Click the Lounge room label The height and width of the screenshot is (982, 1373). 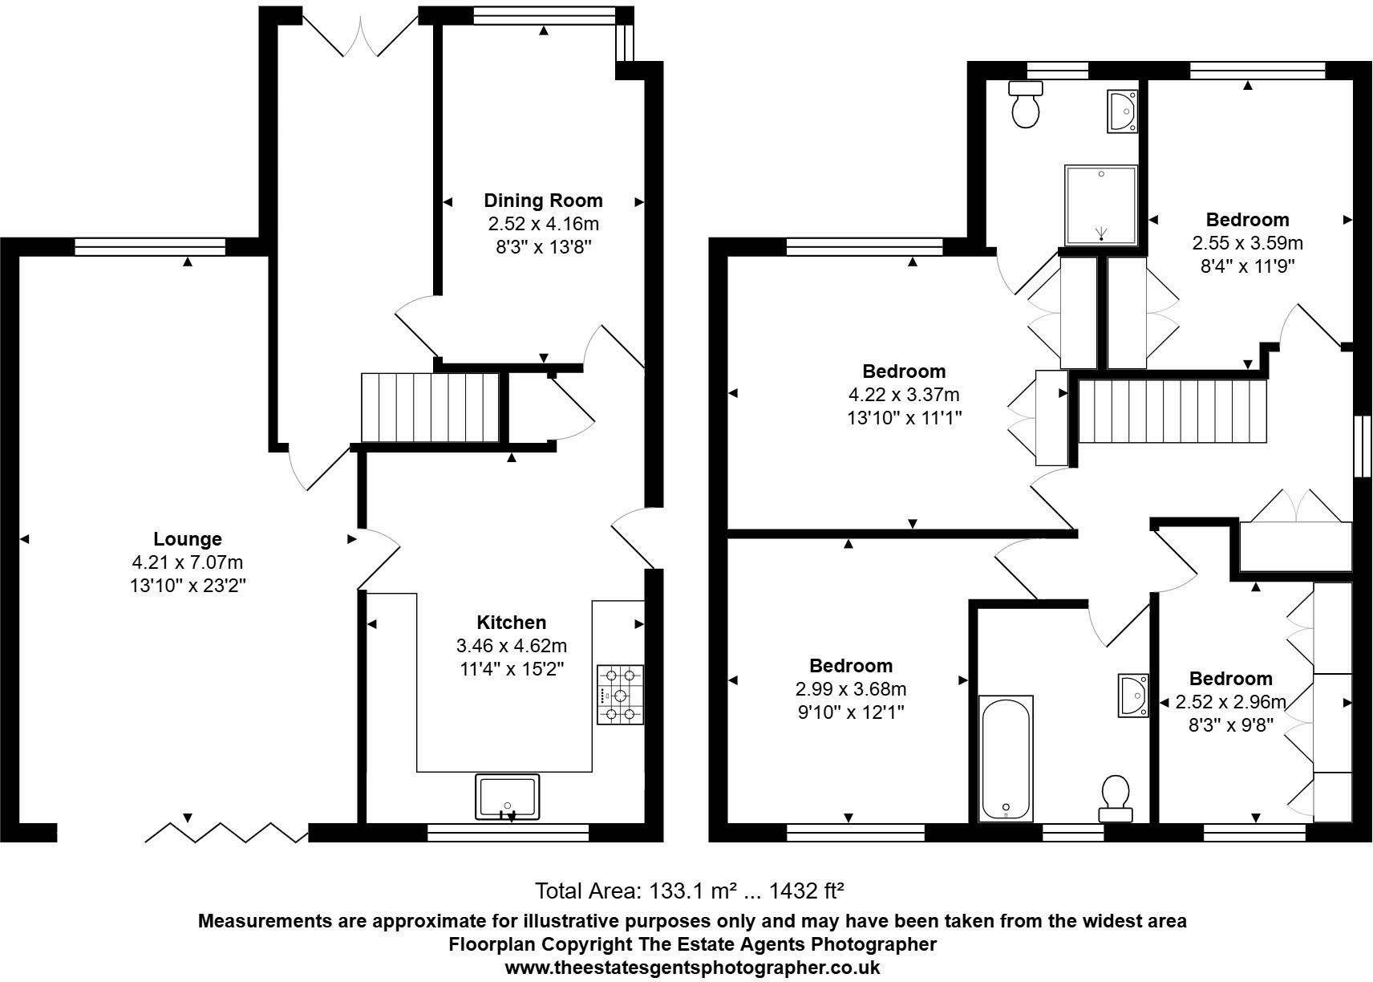(188, 539)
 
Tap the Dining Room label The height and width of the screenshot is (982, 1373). (543, 201)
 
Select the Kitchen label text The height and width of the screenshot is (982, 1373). (511, 623)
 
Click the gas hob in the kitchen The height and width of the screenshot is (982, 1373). (620, 695)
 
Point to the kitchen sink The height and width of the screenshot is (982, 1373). (507, 797)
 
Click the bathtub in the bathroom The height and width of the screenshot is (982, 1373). (1006, 758)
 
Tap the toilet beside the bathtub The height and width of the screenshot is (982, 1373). (1116, 798)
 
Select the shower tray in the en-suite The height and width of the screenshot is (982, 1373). (1101, 205)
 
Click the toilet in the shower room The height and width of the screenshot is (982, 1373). (1026, 105)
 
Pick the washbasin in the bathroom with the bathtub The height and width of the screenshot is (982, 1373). (1133, 696)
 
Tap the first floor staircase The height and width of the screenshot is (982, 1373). (1172, 411)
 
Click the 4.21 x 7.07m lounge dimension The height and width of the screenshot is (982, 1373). (188, 562)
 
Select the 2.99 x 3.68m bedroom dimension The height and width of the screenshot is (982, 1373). (851, 689)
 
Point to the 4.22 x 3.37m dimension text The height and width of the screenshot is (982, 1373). (904, 395)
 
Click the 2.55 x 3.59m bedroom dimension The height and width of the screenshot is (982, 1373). (1247, 243)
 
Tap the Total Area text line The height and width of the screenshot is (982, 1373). (690, 891)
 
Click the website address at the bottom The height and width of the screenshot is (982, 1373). (692, 968)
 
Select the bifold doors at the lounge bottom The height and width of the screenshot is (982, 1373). (226, 833)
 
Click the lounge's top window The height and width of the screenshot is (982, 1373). (150, 246)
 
